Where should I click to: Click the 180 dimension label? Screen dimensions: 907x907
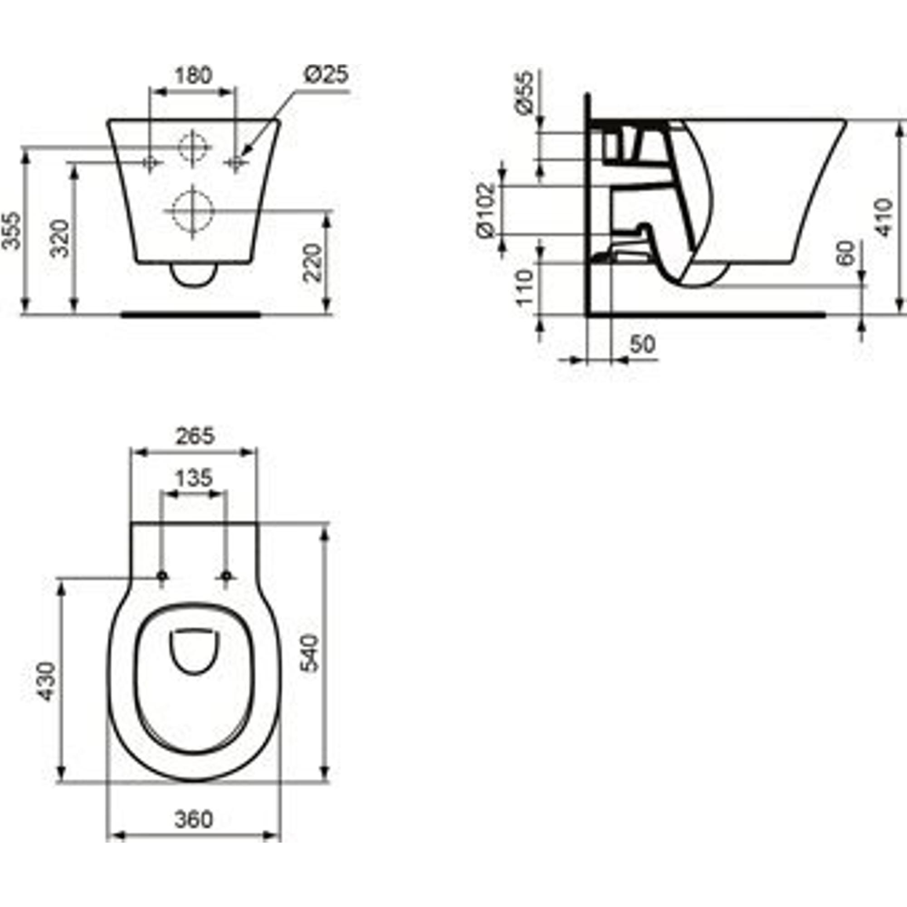coord(194,75)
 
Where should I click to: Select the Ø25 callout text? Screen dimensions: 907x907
coord(326,75)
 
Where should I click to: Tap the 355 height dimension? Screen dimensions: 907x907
coord(11,230)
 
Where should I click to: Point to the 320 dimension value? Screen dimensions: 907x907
coord(60,238)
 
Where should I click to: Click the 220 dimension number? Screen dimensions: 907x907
coord(312,263)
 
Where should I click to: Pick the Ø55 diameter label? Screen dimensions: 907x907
coord(524,92)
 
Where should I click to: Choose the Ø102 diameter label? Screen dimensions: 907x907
coord(486,210)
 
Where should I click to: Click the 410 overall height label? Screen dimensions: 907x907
coord(884,217)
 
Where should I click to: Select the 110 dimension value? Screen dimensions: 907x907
coord(525,288)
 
